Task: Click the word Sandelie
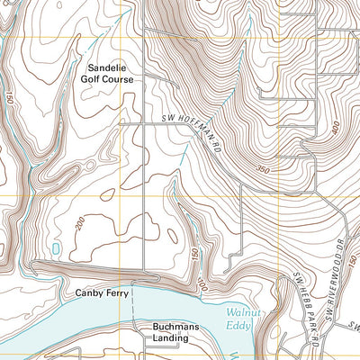tap(109, 67)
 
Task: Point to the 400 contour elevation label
tap(335, 130)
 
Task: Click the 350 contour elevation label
tap(262, 167)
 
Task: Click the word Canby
tap(89, 293)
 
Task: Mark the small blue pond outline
tap(58, 248)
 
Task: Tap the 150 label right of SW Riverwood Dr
tap(354, 264)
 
